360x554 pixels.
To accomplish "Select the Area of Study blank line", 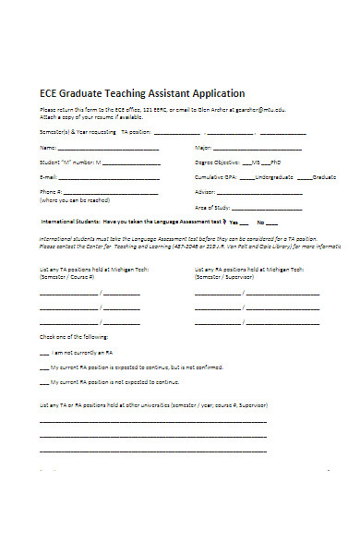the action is pos(271,208).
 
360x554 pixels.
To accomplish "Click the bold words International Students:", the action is pos(70,223).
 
